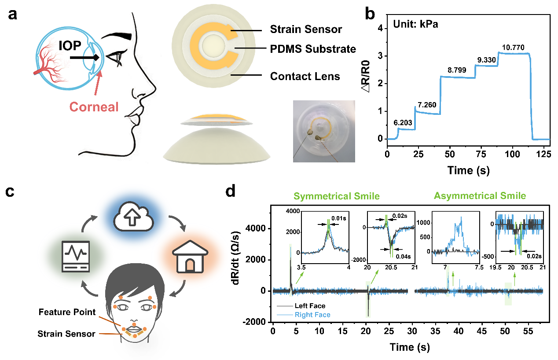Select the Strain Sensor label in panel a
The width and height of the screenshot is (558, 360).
306,30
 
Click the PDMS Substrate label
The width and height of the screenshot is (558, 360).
313,49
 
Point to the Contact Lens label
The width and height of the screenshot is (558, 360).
305,77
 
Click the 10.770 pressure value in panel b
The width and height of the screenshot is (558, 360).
511,47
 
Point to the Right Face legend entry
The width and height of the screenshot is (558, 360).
312,315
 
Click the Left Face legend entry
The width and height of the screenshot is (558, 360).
310,306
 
